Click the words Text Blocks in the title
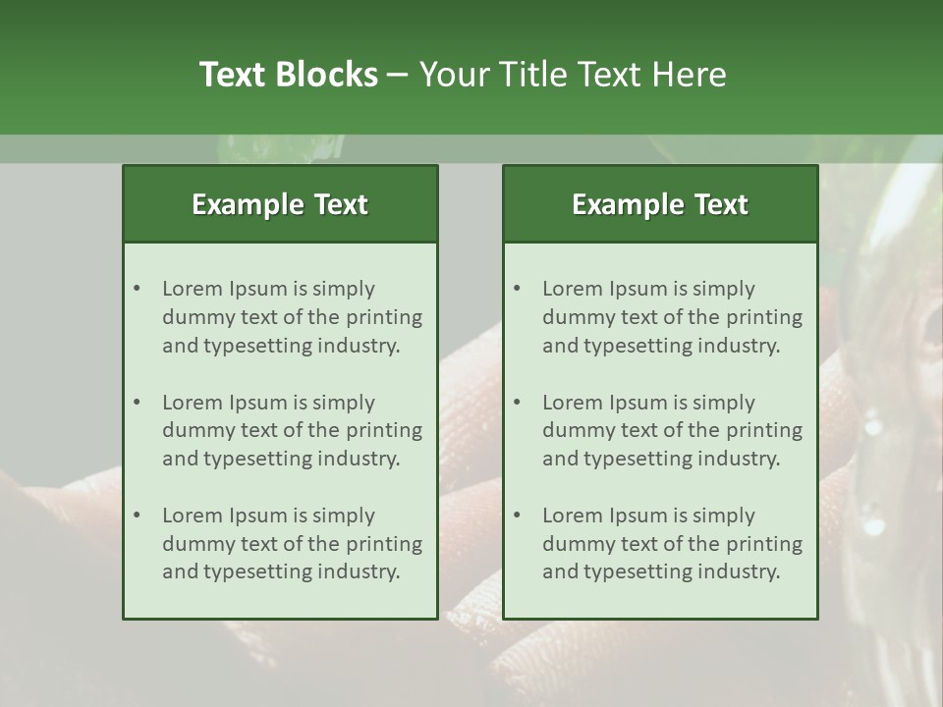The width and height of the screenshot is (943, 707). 288,75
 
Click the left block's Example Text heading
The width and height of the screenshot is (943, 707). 280,204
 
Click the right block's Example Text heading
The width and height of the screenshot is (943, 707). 660,204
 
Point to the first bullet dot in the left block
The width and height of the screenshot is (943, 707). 138,289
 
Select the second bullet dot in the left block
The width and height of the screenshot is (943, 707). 138,403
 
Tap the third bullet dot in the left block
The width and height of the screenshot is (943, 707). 138,516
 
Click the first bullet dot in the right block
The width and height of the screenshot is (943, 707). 518,289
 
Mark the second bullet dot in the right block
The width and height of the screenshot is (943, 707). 518,403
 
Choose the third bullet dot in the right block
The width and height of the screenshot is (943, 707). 518,516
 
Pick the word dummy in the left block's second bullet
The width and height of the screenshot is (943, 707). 194,430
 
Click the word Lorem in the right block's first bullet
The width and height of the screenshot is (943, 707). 572,289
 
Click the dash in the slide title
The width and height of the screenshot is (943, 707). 398,75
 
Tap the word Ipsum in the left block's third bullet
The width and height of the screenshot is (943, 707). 257,516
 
